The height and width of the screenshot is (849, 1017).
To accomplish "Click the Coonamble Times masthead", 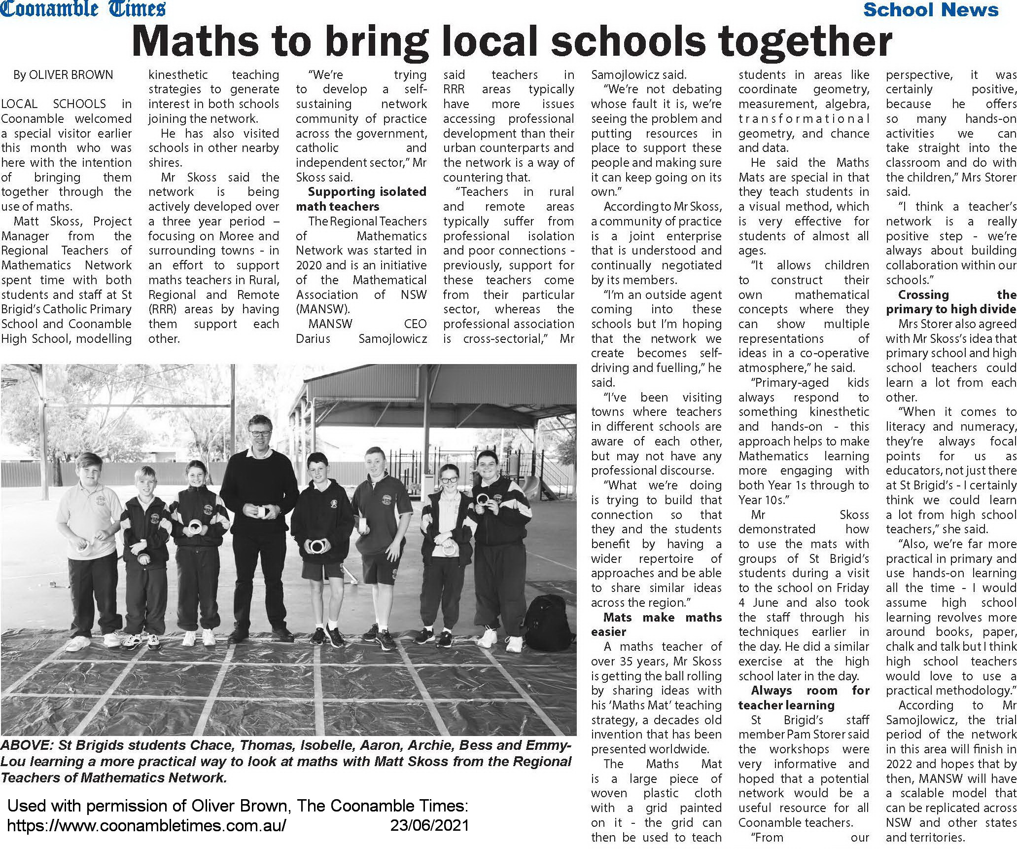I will pyautogui.click(x=83, y=9).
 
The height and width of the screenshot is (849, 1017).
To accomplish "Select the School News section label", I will pyautogui.click(x=931, y=9).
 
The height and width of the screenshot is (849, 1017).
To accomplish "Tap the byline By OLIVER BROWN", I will pyautogui.click(x=63, y=75).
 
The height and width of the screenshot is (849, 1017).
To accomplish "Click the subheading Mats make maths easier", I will pyautogui.click(x=656, y=625).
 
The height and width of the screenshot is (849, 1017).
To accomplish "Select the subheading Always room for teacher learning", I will pyautogui.click(x=804, y=698).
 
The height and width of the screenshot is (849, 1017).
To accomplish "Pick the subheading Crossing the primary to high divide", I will pyautogui.click(x=951, y=302).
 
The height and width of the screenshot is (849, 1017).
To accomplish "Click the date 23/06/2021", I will pyautogui.click(x=429, y=825).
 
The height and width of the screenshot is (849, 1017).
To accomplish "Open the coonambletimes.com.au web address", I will pyautogui.click(x=146, y=825).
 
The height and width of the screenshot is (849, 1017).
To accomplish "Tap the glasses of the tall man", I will pyautogui.click(x=260, y=434).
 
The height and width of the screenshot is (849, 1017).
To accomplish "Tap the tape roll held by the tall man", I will pyautogui.click(x=260, y=511).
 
